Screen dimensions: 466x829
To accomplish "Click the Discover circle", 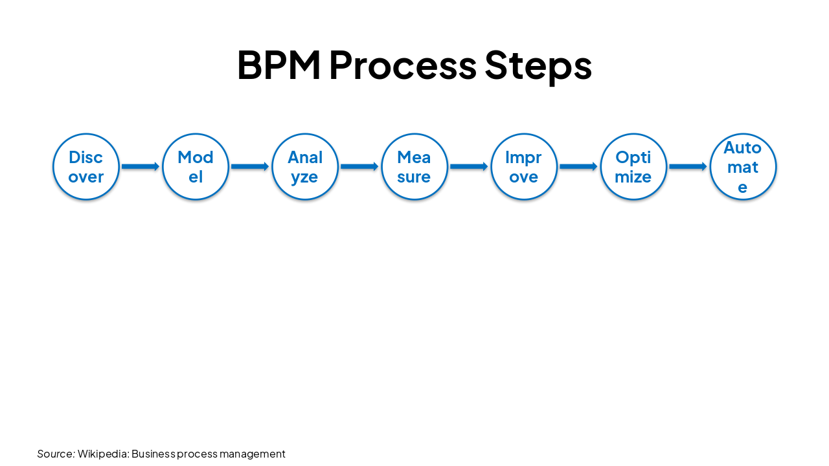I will click(x=86, y=167).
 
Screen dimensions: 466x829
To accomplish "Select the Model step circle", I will click(x=196, y=167).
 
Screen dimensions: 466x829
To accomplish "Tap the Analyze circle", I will click(x=305, y=167).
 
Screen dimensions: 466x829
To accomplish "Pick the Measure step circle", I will click(x=414, y=167).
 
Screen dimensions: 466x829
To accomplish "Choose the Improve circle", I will click(x=524, y=167).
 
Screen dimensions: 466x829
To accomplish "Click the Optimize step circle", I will click(x=633, y=167).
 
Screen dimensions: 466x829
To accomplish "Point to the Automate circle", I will click(x=743, y=167).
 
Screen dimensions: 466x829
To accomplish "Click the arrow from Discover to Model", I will click(x=141, y=167).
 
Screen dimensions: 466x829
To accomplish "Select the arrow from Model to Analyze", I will click(x=250, y=167).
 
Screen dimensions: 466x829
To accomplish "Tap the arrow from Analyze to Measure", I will click(x=359, y=167).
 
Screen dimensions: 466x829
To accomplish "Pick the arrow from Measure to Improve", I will click(x=469, y=167).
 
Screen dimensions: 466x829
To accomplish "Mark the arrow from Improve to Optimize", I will click(x=578, y=167).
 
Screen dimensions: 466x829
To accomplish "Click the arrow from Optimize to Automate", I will click(x=688, y=167).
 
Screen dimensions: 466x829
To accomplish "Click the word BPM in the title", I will click(x=278, y=65).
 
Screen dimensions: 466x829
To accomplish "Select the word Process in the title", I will click(x=402, y=65).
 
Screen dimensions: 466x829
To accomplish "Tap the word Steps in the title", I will click(x=538, y=65).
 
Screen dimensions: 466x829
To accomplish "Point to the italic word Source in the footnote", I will click(x=56, y=454).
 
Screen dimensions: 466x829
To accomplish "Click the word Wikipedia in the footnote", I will click(x=103, y=454).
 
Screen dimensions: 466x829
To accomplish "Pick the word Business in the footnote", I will click(x=153, y=454).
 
